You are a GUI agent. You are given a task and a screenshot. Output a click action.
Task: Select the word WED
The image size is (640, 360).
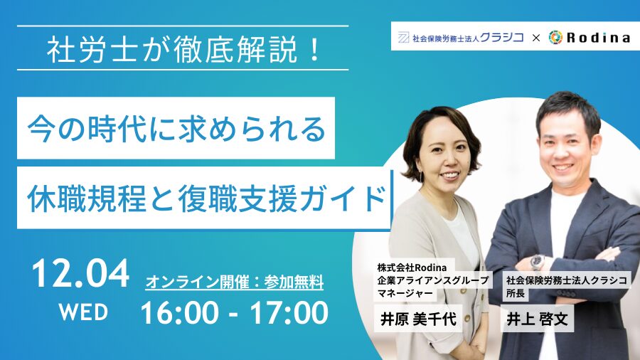pyautogui.click(x=83, y=312)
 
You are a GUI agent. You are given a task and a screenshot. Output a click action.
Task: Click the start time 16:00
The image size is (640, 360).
pyautogui.click(x=180, y=313)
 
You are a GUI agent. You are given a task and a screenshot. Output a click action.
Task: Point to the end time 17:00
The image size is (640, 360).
pyautogui.click(x=289, y=313)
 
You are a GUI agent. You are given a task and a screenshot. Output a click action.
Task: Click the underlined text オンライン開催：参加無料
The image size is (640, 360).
pyautogui.click(x=234, y=282)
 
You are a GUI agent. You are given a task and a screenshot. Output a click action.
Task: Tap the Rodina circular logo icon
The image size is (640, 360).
pyautogui.click(x=555, y=37)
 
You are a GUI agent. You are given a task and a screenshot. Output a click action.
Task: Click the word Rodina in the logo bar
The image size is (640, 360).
pyautogui.click(x=598, y=38)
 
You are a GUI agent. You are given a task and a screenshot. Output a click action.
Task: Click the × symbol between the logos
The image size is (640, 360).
pyautogui.click(x=536, y=38)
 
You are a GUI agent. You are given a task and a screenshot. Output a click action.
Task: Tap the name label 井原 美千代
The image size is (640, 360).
pyautogui.click(x=418, y=319)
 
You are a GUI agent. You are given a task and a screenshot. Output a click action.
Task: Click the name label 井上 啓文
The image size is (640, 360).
pyautogui.click(x=537, y=319)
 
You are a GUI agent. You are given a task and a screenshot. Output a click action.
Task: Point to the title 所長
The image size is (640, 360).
pyautogui.click(x=516, y=293)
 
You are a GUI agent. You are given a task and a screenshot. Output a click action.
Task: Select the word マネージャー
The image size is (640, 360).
pyautogui.click(x=405, y=293)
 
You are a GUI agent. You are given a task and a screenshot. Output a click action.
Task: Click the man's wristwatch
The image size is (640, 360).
pyautogui.click(x=538, y=262)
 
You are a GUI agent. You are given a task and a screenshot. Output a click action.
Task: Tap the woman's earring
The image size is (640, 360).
pyautogui.click(x=422, y=176)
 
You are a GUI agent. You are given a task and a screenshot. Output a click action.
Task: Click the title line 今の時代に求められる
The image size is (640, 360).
pyautogui.click(x=176, y=129)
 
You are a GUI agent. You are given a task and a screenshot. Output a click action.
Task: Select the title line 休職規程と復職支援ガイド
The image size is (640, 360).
pyautogui.click(x=206, y=198)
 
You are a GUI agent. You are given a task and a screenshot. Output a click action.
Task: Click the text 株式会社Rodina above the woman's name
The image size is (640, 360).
pyautogui.click(x=412, y=268)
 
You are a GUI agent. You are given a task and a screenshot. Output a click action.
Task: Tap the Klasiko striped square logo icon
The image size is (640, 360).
pyautogui.click(x=403, y=38)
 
